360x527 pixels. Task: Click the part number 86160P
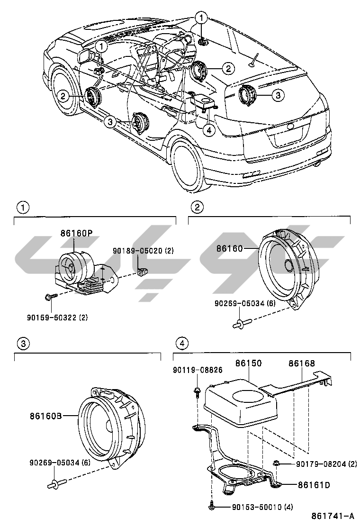75,233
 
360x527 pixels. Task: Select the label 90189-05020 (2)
143,250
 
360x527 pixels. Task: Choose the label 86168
302,363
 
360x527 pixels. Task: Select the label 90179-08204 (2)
322,464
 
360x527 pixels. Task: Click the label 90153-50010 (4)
262,507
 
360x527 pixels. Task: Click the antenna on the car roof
255,59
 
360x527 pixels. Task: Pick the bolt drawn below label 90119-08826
196,391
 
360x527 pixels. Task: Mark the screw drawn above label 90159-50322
49,297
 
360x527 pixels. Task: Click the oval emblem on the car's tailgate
290,127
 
